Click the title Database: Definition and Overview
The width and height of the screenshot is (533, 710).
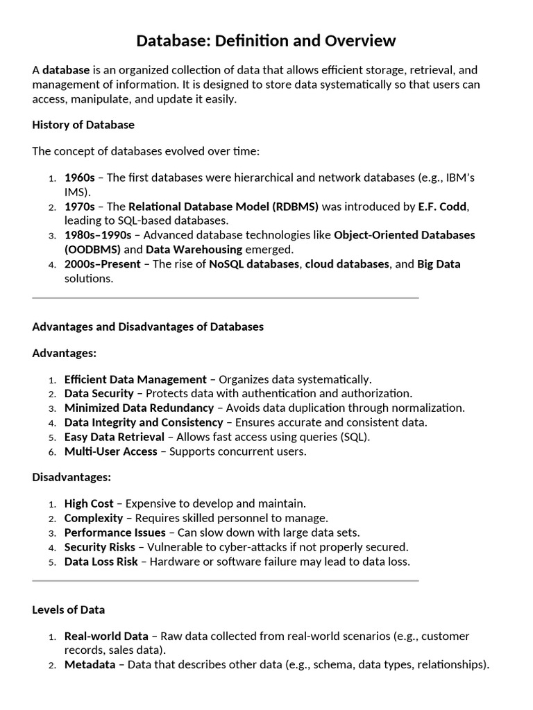[266, 41]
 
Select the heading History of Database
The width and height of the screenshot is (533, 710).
[83, 125]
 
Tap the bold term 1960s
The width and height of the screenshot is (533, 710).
[79, 177]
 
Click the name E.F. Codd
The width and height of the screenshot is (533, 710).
[443, 207]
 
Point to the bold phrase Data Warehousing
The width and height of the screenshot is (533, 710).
[194, 250]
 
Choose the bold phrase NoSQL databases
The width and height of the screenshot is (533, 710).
[254, 264]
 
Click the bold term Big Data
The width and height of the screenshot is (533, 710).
[439, 264]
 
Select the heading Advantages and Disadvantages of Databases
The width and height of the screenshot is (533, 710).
[148, 327]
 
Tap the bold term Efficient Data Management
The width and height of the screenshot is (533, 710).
[135, 379]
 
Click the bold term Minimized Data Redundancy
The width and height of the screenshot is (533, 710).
[139, 408]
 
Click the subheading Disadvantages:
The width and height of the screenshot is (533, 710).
[71, 477]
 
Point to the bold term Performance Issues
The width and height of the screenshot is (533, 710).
[115, 532]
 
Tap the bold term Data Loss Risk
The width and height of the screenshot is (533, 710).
[101, 562]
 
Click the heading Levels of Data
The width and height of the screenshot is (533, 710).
[69, 610]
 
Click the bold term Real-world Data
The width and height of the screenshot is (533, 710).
[106, 636]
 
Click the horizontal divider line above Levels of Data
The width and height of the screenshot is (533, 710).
[226, 580]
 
